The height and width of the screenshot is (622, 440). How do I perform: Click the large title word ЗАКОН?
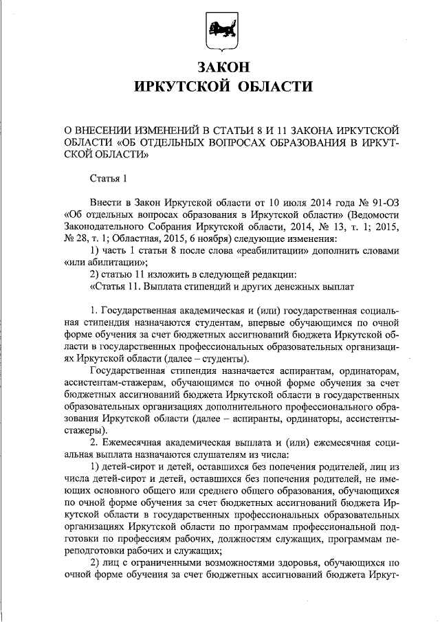coord(220,67)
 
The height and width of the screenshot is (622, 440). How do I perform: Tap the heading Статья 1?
coord(109,180)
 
